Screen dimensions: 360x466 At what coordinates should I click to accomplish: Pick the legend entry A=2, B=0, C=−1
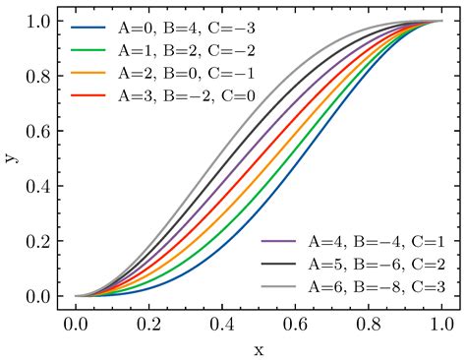[x=173, y=74]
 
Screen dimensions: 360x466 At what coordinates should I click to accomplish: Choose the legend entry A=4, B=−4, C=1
[x=365, y=240]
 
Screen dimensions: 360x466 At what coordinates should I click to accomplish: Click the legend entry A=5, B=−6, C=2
[x=365, y=263]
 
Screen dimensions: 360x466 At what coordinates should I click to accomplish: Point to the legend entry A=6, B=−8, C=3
[x=365, y=285]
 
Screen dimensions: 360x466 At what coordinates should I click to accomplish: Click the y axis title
[x=12, y=158]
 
